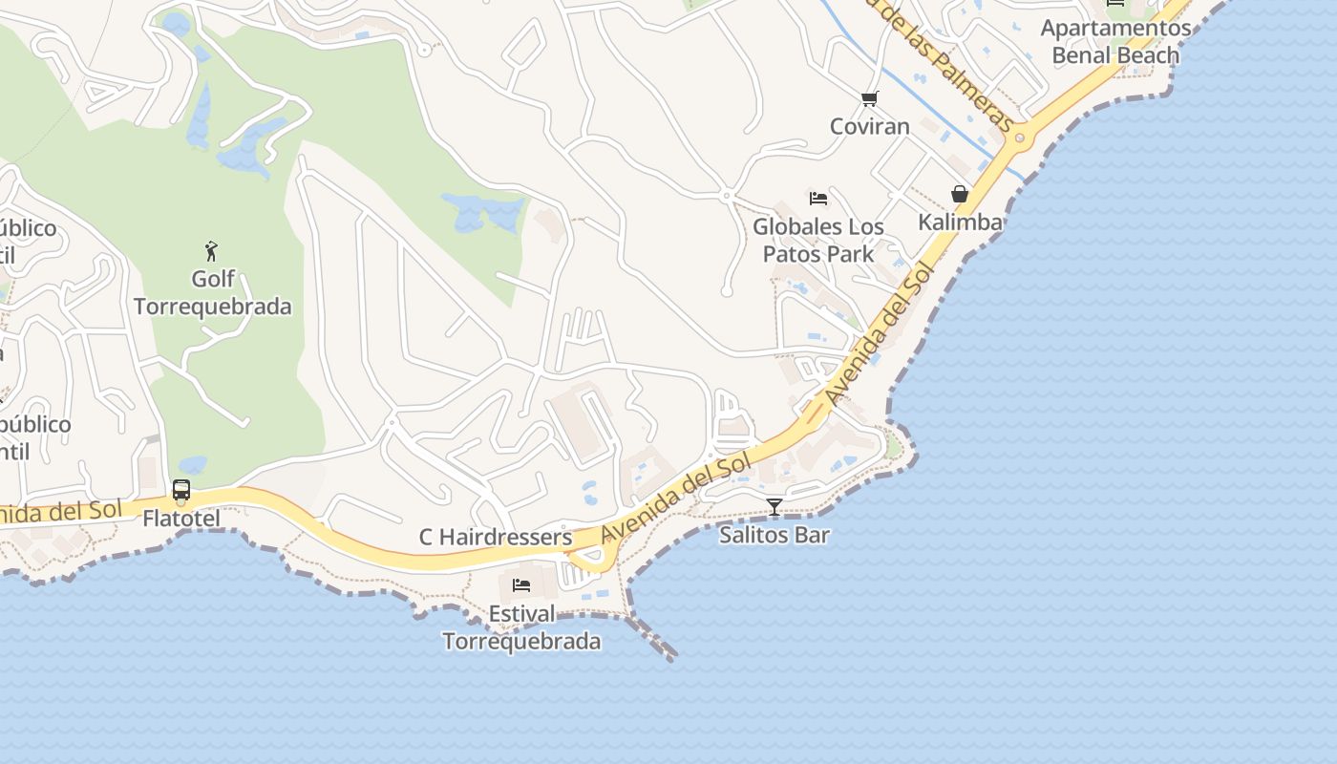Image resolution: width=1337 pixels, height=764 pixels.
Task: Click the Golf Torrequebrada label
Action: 212,293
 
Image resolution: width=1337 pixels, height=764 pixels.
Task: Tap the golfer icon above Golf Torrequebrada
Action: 211,251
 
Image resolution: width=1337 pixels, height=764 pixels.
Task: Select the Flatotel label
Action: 180,519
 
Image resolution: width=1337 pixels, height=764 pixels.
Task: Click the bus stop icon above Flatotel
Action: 181,491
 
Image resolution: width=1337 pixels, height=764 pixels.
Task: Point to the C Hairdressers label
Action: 495,538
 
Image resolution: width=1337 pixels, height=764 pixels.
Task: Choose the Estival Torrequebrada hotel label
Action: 521,626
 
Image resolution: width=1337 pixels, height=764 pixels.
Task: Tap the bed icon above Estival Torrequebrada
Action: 521,584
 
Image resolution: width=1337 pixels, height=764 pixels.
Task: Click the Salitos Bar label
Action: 774,535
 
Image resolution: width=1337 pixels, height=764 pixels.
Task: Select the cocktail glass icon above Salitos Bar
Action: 775,507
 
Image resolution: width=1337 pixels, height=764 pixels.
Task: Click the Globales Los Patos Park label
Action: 818,240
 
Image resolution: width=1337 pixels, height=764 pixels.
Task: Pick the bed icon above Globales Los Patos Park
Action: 818,199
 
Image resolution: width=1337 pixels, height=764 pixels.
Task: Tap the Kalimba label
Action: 960,223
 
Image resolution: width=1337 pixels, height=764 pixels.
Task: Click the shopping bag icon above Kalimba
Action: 960,195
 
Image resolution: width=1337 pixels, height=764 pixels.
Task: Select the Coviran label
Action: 869,126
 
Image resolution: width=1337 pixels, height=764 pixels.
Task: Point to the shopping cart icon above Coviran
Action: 869,98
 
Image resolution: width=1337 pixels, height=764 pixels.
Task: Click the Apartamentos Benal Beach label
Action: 1115,41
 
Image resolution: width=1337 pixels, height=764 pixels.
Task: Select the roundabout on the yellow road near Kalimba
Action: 1020,138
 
